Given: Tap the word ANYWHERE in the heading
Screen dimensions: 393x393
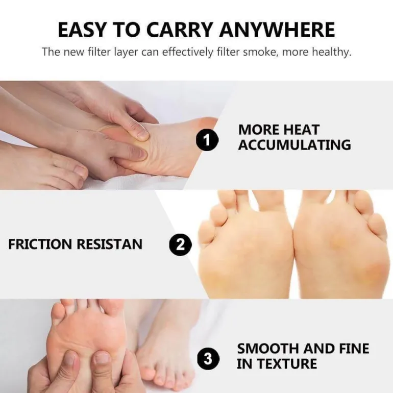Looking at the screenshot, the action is coord(277,30).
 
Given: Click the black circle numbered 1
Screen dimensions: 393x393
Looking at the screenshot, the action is coord(207,140).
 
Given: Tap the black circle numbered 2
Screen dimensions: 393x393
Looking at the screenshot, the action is coord(181,244).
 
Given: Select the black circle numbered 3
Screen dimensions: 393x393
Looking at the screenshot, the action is coord(208,359).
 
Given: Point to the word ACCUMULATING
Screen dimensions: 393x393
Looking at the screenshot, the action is coord(294,145).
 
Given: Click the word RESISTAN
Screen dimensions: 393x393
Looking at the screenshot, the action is coord(110,244).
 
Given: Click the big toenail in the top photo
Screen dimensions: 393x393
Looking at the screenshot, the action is coord(80,170).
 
